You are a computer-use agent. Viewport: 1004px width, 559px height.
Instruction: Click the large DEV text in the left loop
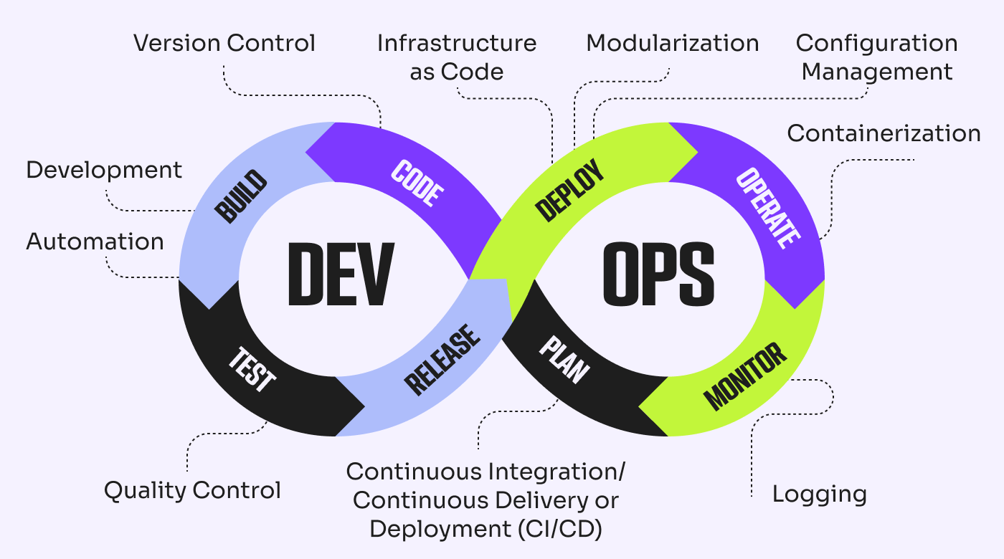click(x=341, y=274)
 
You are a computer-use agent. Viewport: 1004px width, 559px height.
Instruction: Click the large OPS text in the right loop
click(x=658, y=274)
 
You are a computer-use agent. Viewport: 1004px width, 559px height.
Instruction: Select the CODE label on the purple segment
click(x=418, y=183)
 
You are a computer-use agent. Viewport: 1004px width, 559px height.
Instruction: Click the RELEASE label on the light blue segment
click(x=442, y=360)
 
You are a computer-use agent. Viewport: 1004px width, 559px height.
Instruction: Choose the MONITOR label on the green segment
click(x=745, y=376)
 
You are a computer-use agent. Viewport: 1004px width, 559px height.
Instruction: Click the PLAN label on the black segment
click(x=564, y=360)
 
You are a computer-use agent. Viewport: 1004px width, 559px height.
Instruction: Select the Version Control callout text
click(x=224, y=43)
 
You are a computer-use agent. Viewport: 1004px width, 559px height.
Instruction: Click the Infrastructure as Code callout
click(x=457, y=57)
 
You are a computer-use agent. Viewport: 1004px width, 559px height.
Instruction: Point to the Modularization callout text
click(x=672, y=43)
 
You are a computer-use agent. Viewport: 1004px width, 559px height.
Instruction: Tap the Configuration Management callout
click(x=876, y=57)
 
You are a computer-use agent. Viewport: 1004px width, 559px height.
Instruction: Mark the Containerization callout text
click(x=884, y=133)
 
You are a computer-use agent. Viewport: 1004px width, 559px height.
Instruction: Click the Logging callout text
click(x=819, y=494)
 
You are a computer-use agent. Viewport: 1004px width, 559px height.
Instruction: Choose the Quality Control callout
click(x=192, y=491)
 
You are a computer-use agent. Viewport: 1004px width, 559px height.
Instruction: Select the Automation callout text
click(x=95, y=242)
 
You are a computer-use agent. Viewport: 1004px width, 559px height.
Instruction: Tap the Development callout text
click(x=104, y=170)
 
